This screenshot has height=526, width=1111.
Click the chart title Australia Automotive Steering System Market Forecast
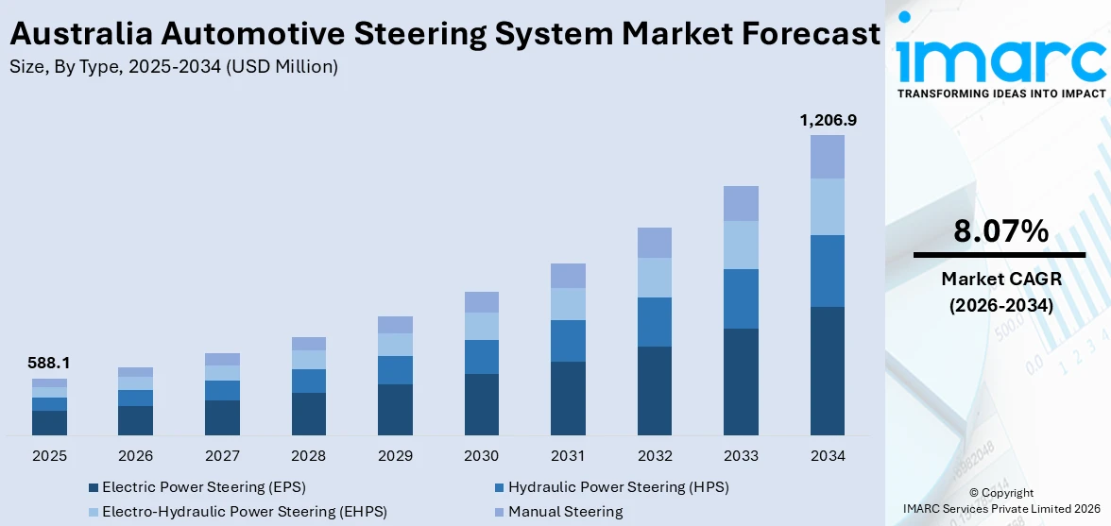tap(444, 34)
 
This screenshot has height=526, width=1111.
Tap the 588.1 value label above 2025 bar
tap(49, 363)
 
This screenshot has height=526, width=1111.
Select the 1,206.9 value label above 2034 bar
tap(828, 120)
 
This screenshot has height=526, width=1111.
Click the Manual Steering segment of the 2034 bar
tap(828, 157)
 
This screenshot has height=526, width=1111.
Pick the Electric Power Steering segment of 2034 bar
tap(828, 370)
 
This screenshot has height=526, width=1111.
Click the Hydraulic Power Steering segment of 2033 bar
tap(741, 298)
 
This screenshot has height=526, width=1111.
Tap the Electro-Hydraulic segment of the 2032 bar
tap(654, 278)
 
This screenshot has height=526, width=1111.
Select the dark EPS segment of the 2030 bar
tap(481, 404)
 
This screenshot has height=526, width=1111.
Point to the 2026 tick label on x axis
tap(136, 456)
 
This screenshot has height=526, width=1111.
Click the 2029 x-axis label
tap(395, 456)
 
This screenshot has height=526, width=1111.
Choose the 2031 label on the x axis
tap(568, 456)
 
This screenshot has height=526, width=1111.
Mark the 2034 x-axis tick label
tap(828, 456)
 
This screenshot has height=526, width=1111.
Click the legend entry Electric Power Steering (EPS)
tap(203, 487)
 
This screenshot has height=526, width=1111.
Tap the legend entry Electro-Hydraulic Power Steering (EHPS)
tap(244, 512)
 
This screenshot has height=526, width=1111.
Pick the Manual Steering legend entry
tap(565, 512)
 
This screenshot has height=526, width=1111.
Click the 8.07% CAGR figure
tap(1000, 231)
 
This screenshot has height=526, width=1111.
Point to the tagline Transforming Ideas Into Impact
tap(1000, 93)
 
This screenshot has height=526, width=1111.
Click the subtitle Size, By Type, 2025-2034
tap(173, 67)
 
